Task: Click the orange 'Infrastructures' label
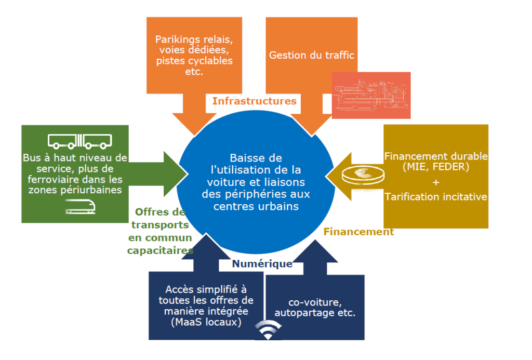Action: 254,101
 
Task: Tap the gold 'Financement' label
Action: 358,232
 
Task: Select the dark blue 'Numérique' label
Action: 262,264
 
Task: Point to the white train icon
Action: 81,207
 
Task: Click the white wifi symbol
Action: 269,330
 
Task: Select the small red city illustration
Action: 371,95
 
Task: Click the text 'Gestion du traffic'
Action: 311,55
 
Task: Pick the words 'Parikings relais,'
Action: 195,39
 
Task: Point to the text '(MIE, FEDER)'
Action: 435,167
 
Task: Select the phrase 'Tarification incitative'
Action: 435,197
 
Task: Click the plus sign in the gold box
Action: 435,182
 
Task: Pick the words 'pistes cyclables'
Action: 194,61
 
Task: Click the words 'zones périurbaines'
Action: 75,190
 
